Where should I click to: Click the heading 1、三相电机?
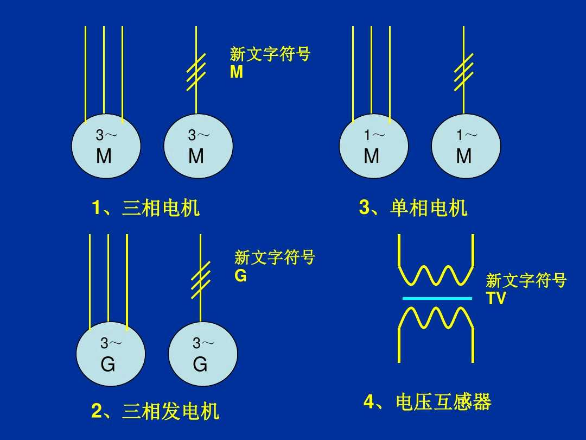coord(145,208)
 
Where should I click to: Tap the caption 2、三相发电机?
coord(155,411)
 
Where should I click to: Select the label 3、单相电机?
coord(413,208)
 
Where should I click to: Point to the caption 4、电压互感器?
coord(427,403)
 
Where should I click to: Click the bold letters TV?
coord(495,298)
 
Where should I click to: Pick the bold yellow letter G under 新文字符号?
coord(240,276)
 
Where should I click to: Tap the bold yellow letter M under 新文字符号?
coord(237,72)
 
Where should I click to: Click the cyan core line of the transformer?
coord(437,298)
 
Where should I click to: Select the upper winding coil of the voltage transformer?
coord(436,275)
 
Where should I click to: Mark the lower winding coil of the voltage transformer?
coord(436,318)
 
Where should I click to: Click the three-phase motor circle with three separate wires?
coord(106,146)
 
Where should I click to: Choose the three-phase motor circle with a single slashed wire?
coord(199,146)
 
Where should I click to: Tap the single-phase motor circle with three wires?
coord(374,146)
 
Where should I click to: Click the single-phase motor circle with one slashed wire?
coord(466,146)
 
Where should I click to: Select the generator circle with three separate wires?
coord(111,354)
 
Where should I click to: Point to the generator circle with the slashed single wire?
coord(203,354)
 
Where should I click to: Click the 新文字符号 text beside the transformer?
coord(526,281)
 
